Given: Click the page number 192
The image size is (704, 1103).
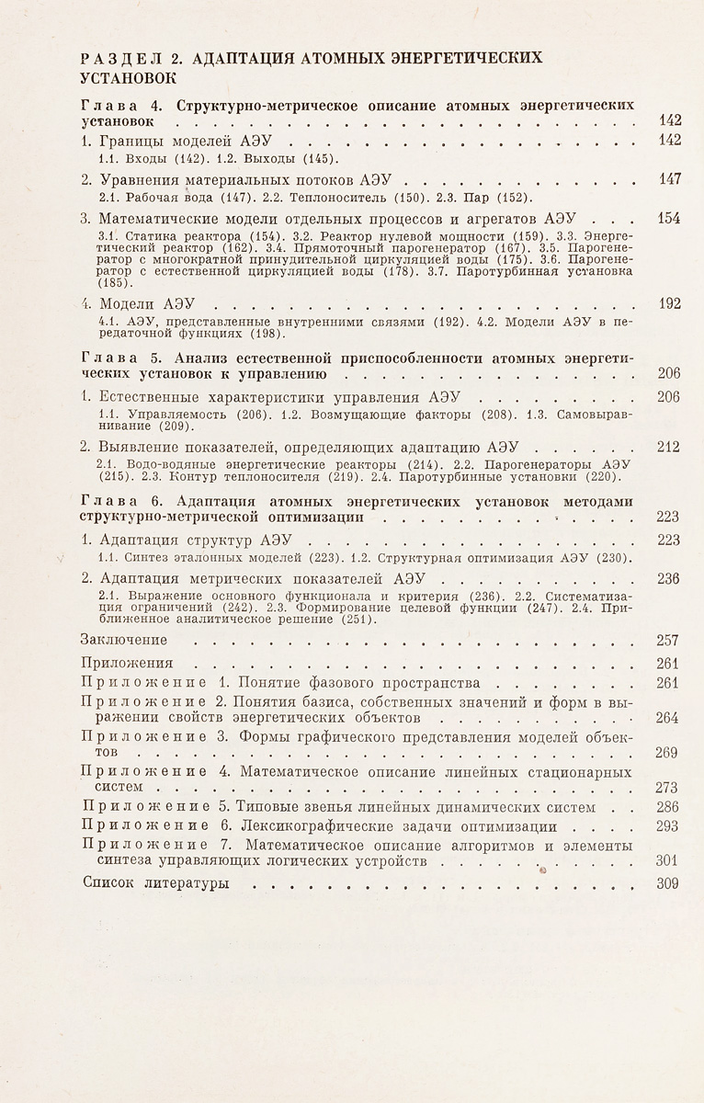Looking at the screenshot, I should click(669, 304).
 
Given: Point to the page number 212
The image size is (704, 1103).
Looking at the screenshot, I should click(669, 448).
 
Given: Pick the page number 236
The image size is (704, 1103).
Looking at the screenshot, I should click(669, 579).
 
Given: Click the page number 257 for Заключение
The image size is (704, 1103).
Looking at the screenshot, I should click(669, 640).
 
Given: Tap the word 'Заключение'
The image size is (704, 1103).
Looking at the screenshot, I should click(124, 640).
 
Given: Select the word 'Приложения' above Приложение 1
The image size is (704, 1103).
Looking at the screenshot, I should click(127, 662).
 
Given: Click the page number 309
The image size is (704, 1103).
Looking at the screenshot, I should click(669, 884).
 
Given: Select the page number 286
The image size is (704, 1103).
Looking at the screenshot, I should click(669, 807).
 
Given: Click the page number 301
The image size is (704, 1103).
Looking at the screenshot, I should click(669, 861).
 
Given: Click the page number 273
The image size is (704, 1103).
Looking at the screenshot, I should click(669, 787).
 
